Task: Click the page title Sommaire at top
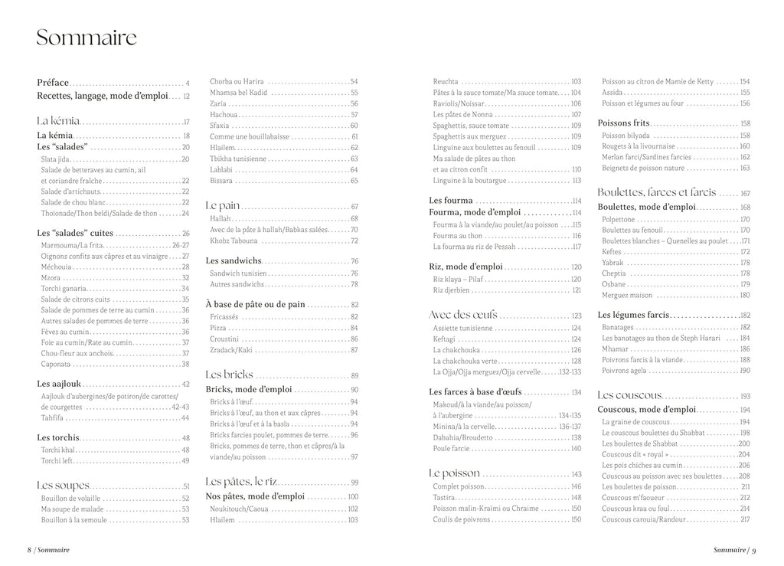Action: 87,38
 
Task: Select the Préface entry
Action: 53,82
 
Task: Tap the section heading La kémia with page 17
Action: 58,121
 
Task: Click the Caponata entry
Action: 56,364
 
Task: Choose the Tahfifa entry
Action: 53,418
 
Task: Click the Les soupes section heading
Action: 64,485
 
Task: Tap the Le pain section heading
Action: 223,206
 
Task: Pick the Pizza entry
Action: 219,327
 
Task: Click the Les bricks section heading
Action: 230,375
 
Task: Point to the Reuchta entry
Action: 446,81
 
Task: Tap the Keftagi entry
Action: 445,339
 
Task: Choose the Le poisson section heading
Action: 455,473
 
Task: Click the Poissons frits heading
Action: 624,123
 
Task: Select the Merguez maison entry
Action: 627,295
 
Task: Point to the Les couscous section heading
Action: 629,395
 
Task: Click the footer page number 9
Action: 754,550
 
